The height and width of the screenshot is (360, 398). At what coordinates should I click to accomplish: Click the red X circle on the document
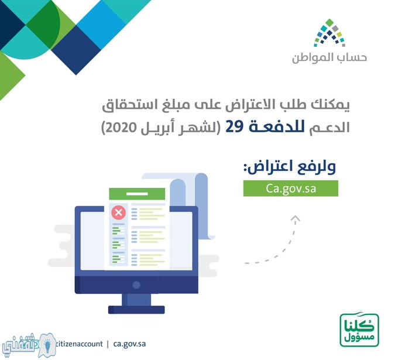119,212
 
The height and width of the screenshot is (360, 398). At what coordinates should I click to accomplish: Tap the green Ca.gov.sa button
291,188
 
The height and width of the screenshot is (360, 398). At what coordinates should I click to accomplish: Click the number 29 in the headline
235,127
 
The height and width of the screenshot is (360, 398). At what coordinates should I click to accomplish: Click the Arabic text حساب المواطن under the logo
329,58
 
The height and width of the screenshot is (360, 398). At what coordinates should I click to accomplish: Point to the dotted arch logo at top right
330,33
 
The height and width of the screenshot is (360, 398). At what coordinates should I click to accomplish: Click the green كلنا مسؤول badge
359,330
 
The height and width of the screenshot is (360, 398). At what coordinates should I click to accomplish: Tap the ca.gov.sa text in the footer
129,344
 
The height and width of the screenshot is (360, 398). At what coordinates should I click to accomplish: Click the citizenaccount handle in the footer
79,344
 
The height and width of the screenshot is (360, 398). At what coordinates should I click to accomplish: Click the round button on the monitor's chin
136,285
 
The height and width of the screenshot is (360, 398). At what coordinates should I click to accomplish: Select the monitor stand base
136,310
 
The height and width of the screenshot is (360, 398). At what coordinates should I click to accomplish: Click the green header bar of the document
137,194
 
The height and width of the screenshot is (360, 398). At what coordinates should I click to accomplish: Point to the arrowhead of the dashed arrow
295,218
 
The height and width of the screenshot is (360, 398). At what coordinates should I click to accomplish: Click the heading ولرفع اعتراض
290,167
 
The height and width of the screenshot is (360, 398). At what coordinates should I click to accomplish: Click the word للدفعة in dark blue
277,126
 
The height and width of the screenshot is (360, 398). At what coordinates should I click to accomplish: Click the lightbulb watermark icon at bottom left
47,345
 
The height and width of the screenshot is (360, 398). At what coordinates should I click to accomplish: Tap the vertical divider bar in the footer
108,344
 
